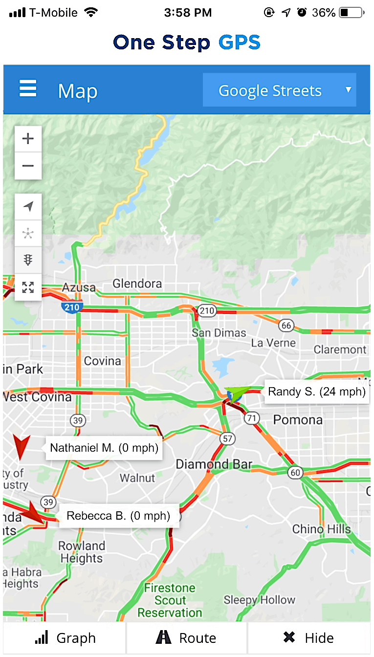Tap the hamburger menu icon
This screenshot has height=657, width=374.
coord(28,89)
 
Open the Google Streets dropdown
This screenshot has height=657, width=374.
coord(279,90)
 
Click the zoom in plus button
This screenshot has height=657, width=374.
coord(28,139)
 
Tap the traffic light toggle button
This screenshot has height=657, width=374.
coord(28,260)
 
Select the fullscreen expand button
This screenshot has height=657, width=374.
coord(28,287)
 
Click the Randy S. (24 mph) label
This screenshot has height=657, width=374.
coord(316,392)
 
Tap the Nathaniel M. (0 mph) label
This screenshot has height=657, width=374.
coord(104,448)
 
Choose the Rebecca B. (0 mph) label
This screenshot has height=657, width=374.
coord(118,516)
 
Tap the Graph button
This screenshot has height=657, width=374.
coord(65,638)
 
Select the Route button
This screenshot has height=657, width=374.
coord(186,638)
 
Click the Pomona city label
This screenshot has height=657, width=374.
coord(298,420)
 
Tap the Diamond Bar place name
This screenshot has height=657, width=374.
coord(214,464)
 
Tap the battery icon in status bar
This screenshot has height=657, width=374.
coord(351,13)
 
